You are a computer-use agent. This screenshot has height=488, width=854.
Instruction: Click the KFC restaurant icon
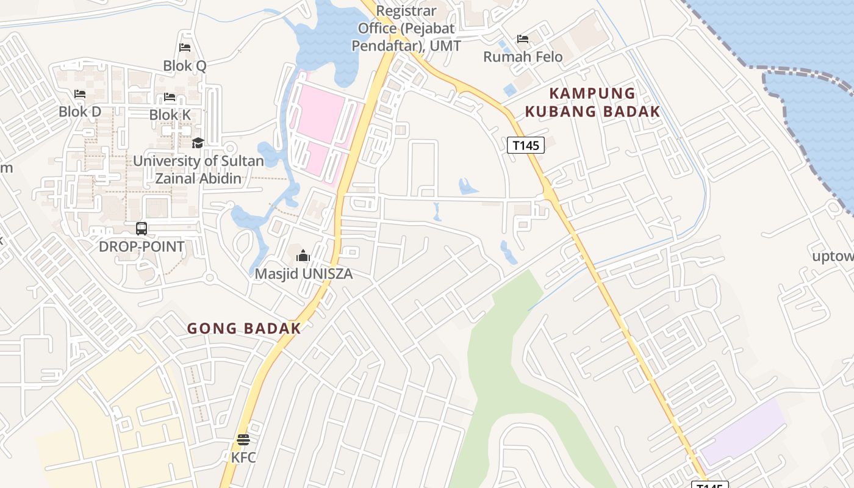[243, 439]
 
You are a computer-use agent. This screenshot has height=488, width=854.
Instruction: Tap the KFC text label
[243, 457]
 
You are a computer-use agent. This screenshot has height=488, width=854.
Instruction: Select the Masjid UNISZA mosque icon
[303, 256]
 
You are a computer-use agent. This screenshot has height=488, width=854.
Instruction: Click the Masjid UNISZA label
[303, 274]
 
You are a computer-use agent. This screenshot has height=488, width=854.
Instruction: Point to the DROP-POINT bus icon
[142, 229]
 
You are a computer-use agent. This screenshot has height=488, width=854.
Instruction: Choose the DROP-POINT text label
[142, 246]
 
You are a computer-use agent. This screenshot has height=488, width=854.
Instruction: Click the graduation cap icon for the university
[198, 143]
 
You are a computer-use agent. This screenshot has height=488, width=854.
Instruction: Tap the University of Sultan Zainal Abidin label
[198, 170]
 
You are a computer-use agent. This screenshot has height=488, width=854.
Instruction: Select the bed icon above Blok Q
[185, 48]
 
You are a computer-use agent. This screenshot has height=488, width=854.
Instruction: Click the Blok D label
[80, 112]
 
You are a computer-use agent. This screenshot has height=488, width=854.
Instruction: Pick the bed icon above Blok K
[170, 97]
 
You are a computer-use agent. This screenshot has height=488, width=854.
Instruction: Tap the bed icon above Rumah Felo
[523, 39]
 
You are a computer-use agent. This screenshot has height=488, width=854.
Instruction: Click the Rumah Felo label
[523, 57]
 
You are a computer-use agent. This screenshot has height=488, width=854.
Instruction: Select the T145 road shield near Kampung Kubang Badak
[525, 145]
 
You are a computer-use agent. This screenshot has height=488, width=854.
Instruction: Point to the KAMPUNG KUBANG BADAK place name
[592, 102]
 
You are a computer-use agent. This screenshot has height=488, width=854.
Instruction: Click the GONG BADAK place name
[244, 328]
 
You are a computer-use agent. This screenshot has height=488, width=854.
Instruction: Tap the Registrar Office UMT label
[409, 28]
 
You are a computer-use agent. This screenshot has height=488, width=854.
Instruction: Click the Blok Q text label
[185, 65]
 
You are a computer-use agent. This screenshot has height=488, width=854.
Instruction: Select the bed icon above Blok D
[80, 94]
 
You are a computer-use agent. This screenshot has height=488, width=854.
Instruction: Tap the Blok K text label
[170, 115]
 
